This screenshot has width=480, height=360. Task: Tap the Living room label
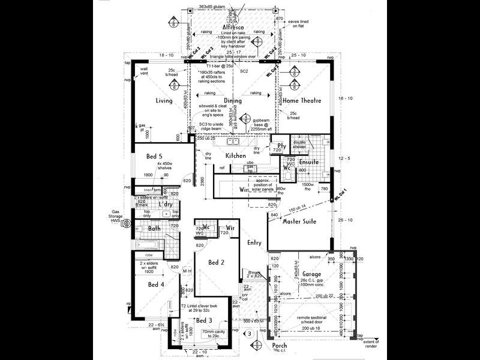164,101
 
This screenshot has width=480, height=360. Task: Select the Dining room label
232,101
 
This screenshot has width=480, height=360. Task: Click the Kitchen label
236,156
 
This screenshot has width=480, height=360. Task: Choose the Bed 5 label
154,158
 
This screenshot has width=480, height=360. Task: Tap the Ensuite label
308,161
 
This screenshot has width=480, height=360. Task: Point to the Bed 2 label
216,263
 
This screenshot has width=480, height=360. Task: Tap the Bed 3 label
204,320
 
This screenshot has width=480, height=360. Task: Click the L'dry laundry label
166,205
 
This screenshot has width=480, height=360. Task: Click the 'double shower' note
299,144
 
